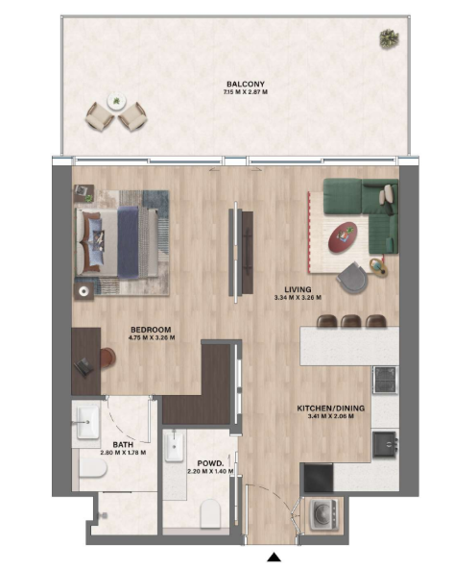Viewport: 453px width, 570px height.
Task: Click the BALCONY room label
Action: pos(246,85)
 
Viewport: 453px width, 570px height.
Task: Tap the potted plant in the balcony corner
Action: pos(389,38)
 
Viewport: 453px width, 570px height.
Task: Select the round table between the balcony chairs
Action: pos(116,101)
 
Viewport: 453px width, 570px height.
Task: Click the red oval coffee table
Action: pos(343,237)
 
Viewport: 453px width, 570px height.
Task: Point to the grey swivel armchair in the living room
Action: pos(352,278)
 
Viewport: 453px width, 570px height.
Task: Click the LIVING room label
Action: pos(298,289)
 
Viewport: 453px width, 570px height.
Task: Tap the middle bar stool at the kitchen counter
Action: pos(351,321)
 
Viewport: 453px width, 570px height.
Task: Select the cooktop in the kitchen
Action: pos(385,380)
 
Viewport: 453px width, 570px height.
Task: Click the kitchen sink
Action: pos(386,444)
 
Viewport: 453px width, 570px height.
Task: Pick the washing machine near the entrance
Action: pos(323,514)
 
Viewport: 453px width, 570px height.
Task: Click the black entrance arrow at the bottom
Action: pos(274,558)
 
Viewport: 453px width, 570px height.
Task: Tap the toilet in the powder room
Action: pos(210,513)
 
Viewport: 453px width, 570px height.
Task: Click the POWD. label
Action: pos(210,463)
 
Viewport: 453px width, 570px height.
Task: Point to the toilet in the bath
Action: pos(93,467)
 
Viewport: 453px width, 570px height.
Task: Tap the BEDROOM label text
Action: pos(151,330)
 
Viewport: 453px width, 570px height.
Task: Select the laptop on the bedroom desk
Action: pos(83,366)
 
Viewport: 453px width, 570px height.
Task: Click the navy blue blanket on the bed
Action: pos(129,242)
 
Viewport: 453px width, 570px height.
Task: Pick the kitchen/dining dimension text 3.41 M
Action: pos(316,416)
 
